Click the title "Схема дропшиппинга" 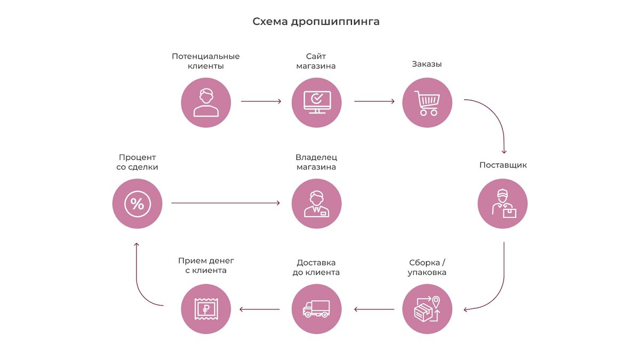(316, 22)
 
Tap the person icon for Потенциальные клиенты (206, 103)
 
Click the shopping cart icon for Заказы (427, 103)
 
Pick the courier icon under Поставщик (502, 204)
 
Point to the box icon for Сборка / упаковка (427, 309)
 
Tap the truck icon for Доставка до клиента (317, 309)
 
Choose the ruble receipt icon (206, 309)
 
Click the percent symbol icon (137, 204)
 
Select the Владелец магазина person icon (317, 204)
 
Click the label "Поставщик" (503, 165)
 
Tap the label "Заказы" (427, 64)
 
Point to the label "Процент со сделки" (138, 162)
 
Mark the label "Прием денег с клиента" (206, 266)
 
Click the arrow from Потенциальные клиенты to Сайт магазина (261, 101)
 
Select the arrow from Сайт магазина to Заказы (374, 101)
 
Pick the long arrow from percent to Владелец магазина (225, 203)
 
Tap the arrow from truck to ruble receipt (260, 309)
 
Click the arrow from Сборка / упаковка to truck (374, 309)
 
